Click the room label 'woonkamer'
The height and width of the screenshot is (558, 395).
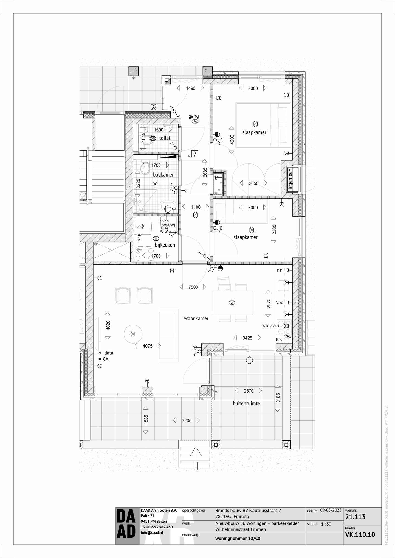tap(196, 318)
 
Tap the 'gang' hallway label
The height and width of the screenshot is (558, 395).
tap(194, 116)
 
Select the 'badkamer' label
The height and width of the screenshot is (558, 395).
tap(163, 174)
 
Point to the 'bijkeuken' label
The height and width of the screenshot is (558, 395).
tap(165, 245)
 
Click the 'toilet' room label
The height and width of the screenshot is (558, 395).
tap(165, 138)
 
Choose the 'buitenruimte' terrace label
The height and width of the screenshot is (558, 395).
tap(246, 403)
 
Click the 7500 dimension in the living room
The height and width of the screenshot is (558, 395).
tap(193, 287)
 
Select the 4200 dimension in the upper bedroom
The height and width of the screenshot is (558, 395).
tap(232, 140)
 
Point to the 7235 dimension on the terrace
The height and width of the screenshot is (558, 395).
tap(187, 420)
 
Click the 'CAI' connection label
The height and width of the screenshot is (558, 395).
tap(106, 359)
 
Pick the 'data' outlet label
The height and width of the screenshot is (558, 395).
tap(109, 353)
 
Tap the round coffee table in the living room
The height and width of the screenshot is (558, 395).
tap(133, 334)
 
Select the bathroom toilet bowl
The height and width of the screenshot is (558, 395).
tap(145, 168)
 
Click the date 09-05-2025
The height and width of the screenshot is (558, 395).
tap(331, 510)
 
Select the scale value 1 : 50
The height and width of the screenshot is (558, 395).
tap(326, 524)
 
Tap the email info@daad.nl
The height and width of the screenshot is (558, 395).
tap(152, 532)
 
